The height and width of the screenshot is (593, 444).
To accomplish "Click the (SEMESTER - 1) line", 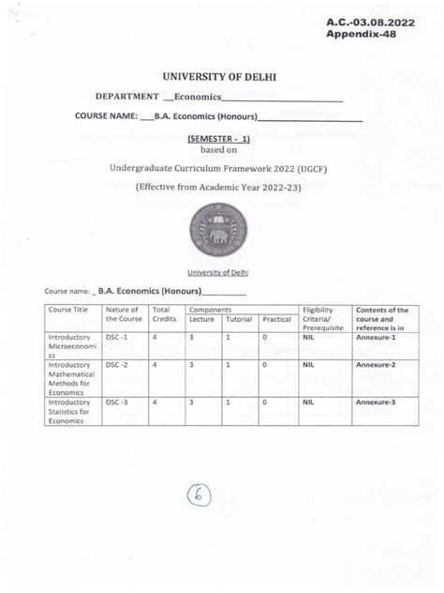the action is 221,137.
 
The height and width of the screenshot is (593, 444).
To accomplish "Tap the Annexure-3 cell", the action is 375,402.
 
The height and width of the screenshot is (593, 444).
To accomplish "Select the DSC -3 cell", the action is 118,402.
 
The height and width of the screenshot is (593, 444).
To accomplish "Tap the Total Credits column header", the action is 165,314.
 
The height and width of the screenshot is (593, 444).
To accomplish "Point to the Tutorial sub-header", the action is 239,320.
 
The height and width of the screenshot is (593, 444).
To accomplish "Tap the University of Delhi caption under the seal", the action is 221,272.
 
